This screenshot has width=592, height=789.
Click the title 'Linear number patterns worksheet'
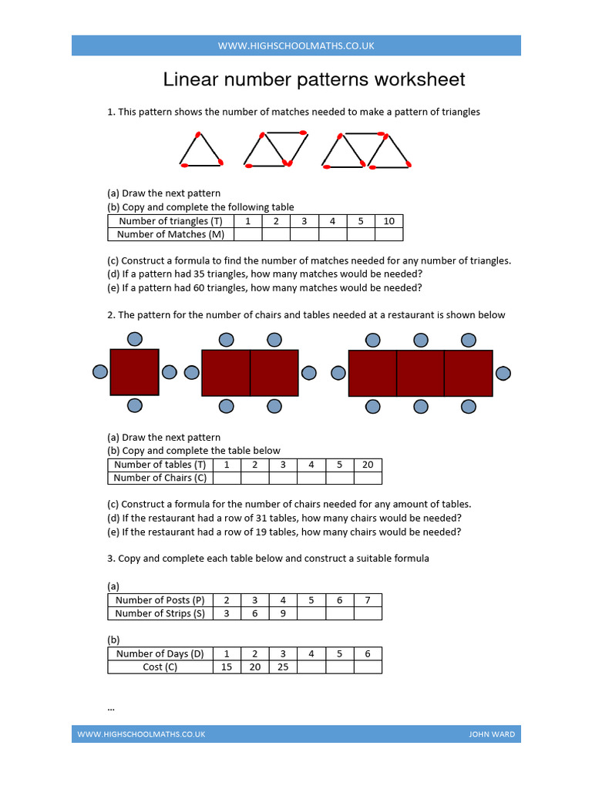tap(314, 79)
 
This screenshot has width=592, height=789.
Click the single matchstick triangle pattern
tap(201, 149)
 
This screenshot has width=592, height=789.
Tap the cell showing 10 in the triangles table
tap(388, 221)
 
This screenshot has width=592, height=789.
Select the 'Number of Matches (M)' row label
tap(170, 234)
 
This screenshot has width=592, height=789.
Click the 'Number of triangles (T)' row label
tap(170, 221)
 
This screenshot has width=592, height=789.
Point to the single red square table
tap(134, 372)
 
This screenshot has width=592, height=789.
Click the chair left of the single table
tap(100, 372)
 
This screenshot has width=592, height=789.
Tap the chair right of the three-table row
tap(503, 374)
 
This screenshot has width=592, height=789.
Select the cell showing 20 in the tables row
tap(368, 465)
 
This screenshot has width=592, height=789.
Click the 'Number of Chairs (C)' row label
tap(160, 478)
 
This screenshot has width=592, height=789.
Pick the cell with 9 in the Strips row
tap(283, 613)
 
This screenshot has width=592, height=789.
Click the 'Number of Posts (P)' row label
tap(160, 600)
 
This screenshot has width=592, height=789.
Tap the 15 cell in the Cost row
tap(227, 666)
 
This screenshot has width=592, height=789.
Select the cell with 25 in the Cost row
tap(283, 666)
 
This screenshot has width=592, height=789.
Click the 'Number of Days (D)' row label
tap(160, 653)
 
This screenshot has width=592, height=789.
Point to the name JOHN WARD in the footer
tap(492, 734)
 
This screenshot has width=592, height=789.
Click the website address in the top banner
tap(296, 45)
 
